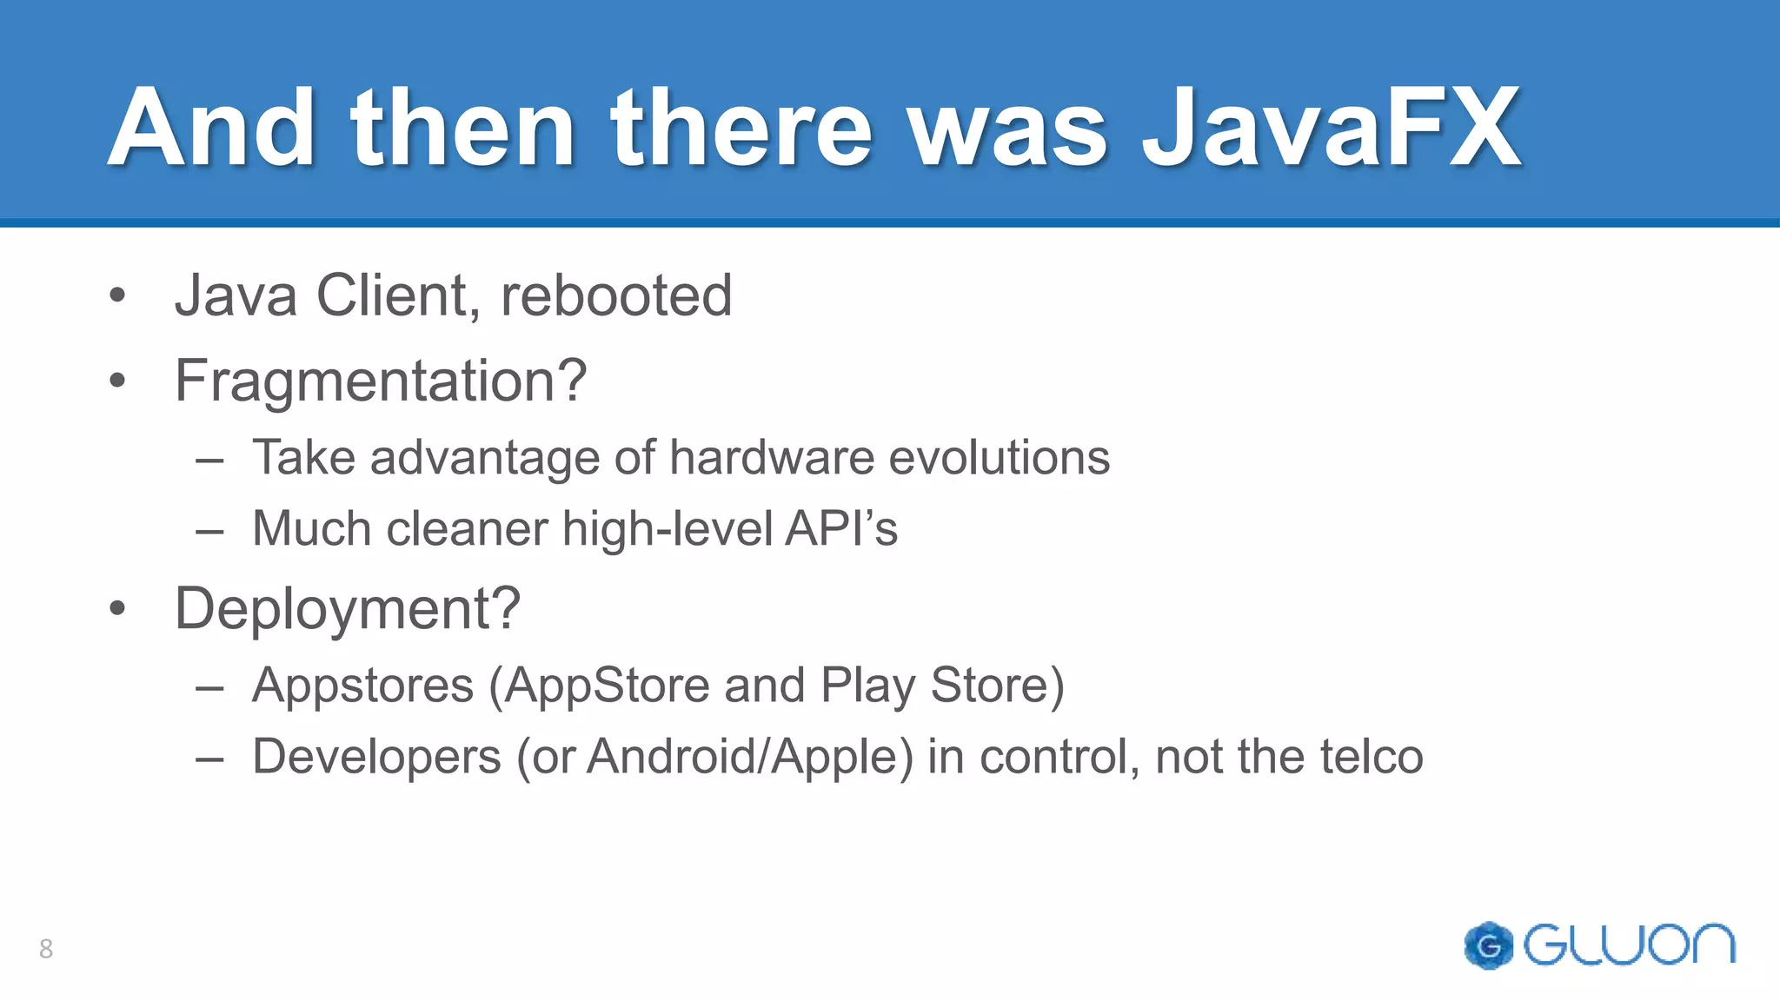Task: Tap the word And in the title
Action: click(211, 129)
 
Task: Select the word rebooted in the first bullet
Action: click(616, 295)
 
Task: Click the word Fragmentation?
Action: click(381, 381)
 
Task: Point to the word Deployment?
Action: click(348, 608)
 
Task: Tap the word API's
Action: click(841, 528)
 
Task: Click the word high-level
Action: click(667, 528)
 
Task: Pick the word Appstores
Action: click(363, 686)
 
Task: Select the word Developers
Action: click(376, 756)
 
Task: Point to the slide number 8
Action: click(46, 948)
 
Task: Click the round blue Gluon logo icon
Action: click(1488, 945)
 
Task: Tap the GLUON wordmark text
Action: click(1629, 945)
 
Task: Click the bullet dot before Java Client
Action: click(118, 295)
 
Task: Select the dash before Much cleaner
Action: click(210, 529)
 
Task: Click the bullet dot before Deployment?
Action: click(118, 608)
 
